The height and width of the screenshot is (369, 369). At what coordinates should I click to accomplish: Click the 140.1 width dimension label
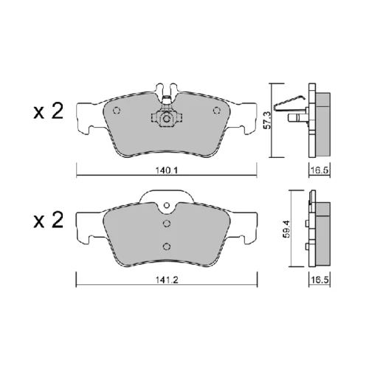point(167,170)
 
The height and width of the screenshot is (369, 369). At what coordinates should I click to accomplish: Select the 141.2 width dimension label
point(167,280)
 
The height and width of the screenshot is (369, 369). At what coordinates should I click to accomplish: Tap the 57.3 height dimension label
point(267,120)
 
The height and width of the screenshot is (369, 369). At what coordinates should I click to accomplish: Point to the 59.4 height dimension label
point(286,229)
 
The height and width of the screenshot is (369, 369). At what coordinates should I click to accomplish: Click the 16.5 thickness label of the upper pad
point(320,170)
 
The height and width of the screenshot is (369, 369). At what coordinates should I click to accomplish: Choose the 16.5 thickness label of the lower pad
point(320,280)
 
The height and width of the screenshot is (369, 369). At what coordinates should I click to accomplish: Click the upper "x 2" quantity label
point(49,111)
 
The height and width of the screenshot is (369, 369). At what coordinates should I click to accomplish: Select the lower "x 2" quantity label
point(49,220)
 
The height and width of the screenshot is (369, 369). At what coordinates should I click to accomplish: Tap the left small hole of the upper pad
point(117,111)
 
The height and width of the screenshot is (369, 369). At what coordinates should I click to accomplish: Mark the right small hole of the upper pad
point(216,111)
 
